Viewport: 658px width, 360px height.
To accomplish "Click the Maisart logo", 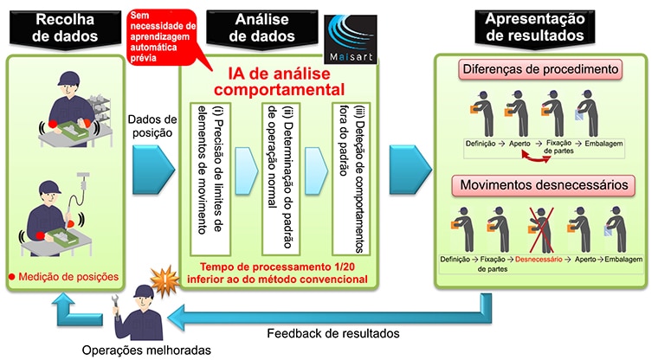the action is pyautogui.click(x=351, y=40).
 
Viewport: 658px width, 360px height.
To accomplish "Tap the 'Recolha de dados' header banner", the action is pyautogui.click(x=65, y=29).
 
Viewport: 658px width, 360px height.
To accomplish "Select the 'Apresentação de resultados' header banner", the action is pyautogui.click(x=535, y=28).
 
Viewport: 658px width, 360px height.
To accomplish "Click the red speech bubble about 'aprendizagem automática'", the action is pyautogui.click(x=162, y=38).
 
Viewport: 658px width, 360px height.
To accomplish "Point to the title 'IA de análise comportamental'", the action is pyautogui.click(x=280, y=81).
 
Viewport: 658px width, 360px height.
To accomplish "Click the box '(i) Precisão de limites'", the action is pyautogui.click(x=210, y=179).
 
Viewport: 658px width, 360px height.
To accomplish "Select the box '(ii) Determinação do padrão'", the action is pyautogui.click(x=281, y=179).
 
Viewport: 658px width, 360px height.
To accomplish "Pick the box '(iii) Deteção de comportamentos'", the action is pyautogui.click(x=352, y=179).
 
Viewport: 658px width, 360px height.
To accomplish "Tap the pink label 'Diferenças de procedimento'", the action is pyautogui.click(x=540, y=69).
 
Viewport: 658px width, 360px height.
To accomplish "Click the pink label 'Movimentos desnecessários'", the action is pyautogui.click(x=544, y=185).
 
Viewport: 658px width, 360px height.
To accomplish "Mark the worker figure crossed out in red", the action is pyautogui.click(x=541, y=228).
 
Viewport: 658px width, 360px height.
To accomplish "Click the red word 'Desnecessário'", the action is pyautogui.click(x=539, y=260).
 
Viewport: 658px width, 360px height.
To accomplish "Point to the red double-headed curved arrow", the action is pyautogui.click(x=536, y=158).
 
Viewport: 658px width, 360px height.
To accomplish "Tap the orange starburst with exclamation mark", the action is pyautogui.click(x=164, y=280).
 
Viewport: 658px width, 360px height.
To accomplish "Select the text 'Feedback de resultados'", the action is pyautogui.click(x=333, y=333).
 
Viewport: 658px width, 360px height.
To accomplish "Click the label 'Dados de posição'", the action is pyautogui.click(x=152, y=126).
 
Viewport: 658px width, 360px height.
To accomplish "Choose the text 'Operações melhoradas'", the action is pyautogui.click(x=146, y=350).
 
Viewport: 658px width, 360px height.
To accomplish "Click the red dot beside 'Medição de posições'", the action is pyautogui.click(x=12, y=277).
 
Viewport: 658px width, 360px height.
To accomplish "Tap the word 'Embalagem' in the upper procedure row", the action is pyautogui.click(x=603, y=144).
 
